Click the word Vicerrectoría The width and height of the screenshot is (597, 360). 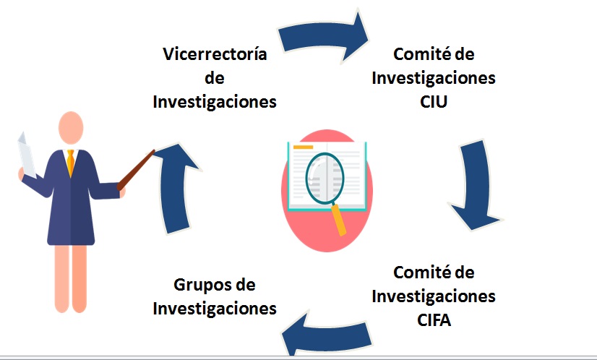[x=215, y=55]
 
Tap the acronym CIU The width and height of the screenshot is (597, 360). [x=434, y=101]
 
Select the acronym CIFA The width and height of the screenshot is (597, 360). [x=434, y=320]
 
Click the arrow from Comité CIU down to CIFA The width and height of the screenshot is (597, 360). [x=476, y=184]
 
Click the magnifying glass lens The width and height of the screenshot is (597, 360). [x=325, y=177]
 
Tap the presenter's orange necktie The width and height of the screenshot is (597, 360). [x=70, y=163]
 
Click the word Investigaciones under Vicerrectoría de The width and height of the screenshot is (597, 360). [x=215, y=101]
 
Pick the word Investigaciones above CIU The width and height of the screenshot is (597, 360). [x=434, y=78]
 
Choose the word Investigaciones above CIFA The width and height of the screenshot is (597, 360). [x=434, y=296]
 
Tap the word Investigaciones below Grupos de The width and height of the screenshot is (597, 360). [x=215, y=309]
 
